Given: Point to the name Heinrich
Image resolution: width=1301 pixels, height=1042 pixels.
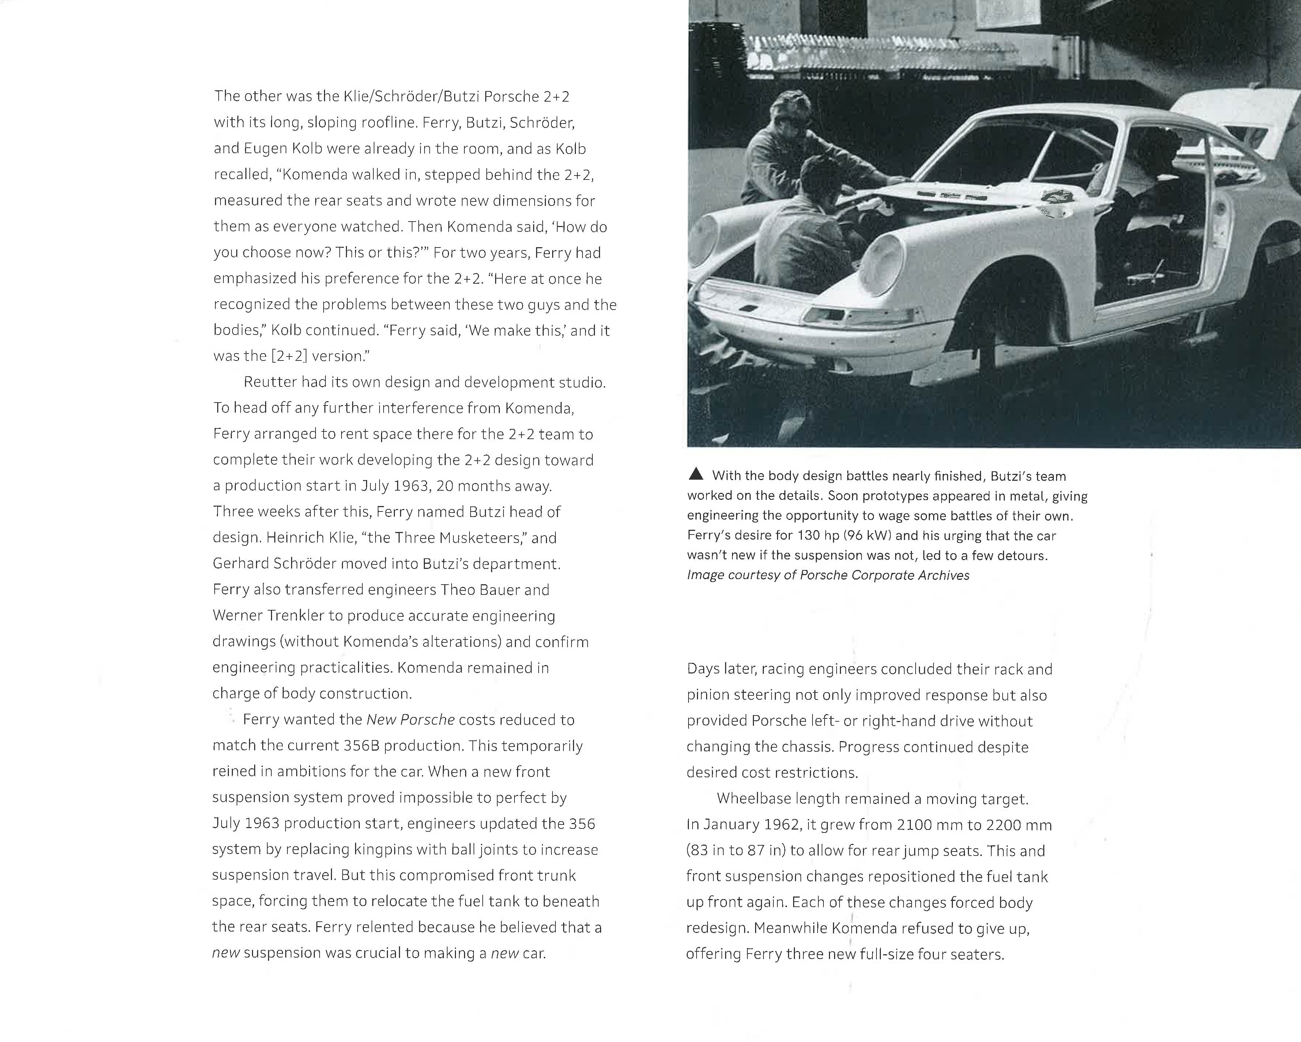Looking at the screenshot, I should point(294,537).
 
